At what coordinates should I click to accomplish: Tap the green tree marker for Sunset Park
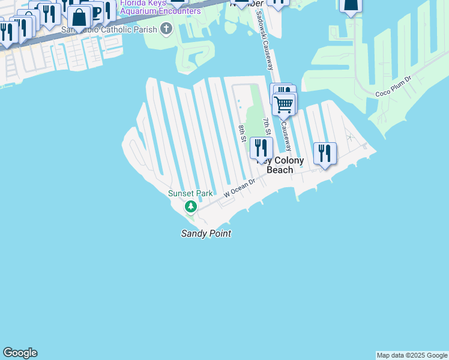(x=191, y=207)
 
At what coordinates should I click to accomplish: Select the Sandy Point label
(x=206, y=233)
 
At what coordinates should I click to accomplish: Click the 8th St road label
(x=242, y=133)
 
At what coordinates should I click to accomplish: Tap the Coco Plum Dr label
(x=393, y=86)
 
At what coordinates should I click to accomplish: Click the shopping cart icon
(x=284, y=104)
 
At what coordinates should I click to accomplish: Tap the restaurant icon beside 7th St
(x=261, y=148)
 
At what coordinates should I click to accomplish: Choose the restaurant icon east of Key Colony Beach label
(x=325, y=152)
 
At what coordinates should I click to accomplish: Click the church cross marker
(x=166, y=29)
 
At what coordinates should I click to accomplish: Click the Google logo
(x=20, y=353)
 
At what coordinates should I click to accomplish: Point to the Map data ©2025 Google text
(x=412, y=355)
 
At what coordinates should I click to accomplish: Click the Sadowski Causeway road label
(x=264, y=49)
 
